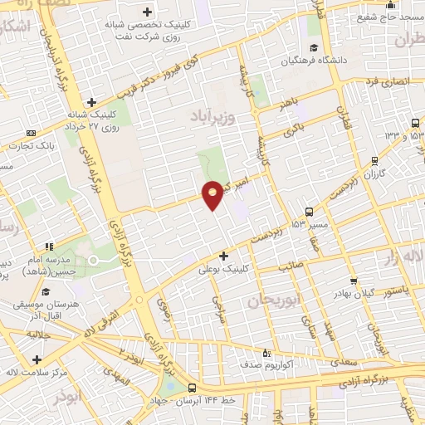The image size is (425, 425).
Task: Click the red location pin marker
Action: point(212,194)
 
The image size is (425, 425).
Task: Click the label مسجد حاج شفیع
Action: point(371,17)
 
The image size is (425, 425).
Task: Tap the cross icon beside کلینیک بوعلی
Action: point(222,255)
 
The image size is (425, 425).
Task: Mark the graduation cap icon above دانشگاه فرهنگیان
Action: point(314,46)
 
